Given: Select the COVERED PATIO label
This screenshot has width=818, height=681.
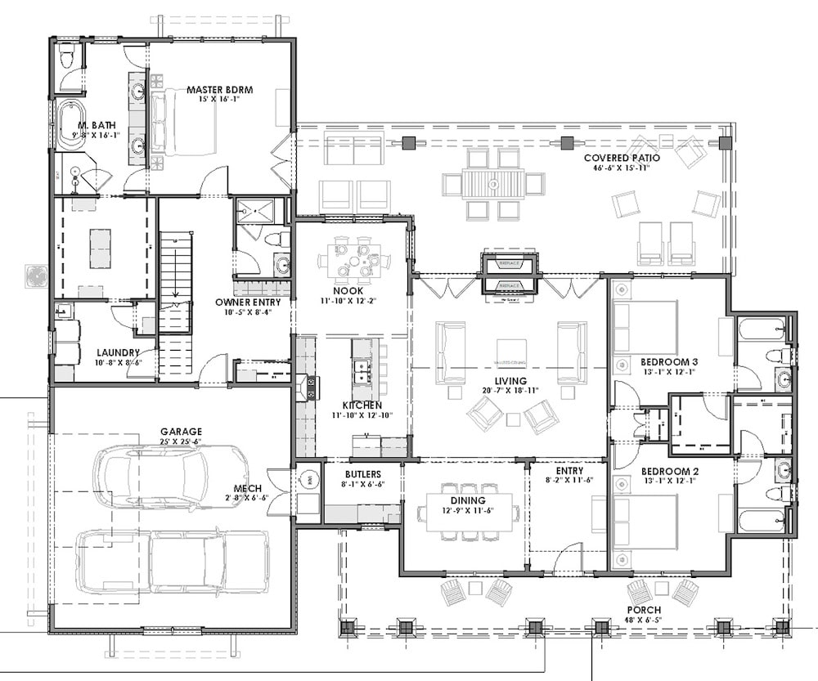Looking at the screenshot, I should (618, 157).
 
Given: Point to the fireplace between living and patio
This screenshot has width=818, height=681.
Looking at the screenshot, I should (510, 274).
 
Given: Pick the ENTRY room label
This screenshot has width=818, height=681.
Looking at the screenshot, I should (569, 471).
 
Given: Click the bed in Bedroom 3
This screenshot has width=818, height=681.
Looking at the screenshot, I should (646, 326).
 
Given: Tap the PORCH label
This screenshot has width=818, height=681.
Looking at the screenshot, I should (645, 610).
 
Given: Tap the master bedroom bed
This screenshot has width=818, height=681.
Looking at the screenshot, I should (184, 128).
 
